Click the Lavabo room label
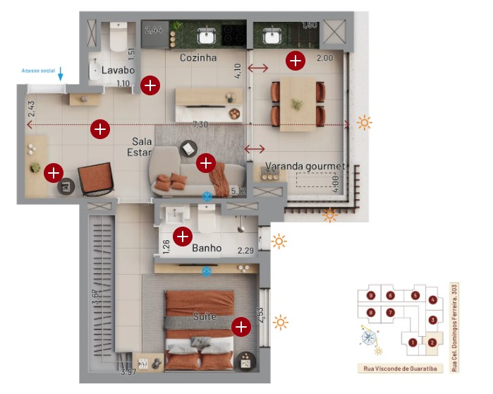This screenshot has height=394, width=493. [118, 70]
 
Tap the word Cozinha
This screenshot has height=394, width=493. [197, 57]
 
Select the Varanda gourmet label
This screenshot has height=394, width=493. [305, 167]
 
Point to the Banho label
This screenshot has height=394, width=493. [207, 248]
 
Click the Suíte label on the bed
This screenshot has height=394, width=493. [205, 317]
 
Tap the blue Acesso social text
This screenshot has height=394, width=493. [38, 71]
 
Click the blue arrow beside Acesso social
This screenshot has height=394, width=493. [61, 73]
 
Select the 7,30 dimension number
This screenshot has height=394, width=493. [202, 124]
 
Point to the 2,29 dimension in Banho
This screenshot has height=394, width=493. [245, 251]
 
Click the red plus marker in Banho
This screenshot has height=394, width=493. [183, 237]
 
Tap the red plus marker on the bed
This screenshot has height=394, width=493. [241, 326]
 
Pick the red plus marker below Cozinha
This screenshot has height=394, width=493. [150, 85]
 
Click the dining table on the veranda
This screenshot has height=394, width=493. [298, 104]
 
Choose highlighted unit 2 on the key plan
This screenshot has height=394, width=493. [432, 342]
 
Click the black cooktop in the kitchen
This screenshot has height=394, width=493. [233, 34]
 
